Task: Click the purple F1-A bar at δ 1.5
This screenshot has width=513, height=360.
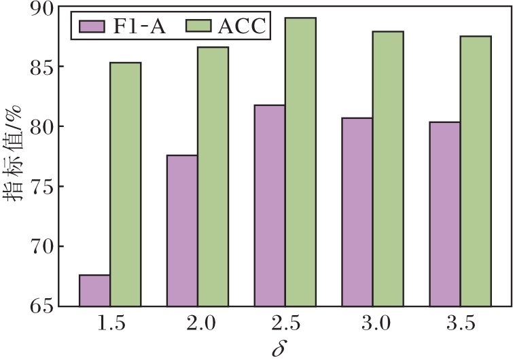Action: pyautogui.click(x=94, y=291)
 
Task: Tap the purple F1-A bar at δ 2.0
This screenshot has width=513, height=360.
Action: pyautogui.click(x=182, y=231)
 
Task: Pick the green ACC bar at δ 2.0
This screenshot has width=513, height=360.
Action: pyautogui.click(x=213, y=177)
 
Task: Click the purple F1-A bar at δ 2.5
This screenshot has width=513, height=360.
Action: pyautogui.click(x=270, y=206)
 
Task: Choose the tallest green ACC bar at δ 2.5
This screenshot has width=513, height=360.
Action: pyautogui.click(x=301, y=162)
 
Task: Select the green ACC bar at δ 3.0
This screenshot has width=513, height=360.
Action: pyautogui.click(x=388, y=169)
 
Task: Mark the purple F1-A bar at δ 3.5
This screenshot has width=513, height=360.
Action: pyautogui.click(x=444, y=214)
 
